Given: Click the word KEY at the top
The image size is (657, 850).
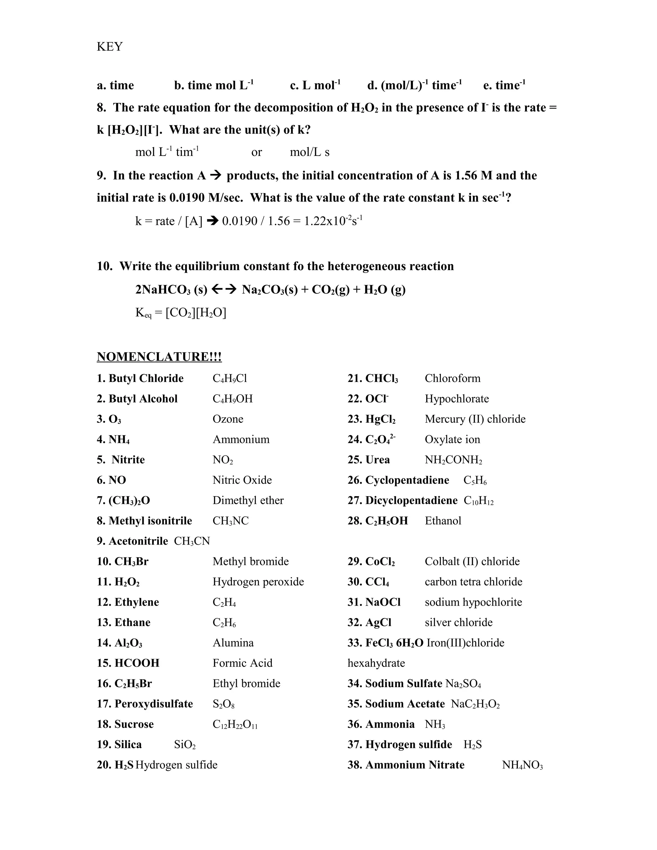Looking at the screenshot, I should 109,47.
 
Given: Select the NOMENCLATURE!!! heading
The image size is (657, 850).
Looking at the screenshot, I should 159,356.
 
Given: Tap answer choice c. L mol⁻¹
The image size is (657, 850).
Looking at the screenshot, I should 315,85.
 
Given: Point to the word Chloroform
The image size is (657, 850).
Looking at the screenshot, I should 452,378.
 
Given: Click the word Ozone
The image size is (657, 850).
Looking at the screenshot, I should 228,419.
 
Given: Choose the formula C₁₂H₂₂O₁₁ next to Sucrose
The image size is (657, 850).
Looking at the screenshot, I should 235,724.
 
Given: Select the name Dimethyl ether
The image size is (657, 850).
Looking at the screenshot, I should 248,500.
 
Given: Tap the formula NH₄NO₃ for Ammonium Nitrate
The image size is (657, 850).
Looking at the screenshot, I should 522,765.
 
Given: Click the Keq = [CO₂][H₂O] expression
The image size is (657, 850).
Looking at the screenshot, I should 181,312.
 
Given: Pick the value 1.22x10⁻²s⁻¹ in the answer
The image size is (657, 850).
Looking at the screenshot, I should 333,221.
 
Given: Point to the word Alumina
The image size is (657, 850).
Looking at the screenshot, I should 233,643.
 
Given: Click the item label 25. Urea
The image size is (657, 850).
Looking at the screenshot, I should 368,460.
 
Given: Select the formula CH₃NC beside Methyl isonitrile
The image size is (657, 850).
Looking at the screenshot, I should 230,521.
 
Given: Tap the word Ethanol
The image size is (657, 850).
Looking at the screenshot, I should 443,521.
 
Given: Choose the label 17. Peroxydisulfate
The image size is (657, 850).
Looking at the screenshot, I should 145,704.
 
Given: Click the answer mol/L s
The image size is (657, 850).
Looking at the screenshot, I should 310,152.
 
